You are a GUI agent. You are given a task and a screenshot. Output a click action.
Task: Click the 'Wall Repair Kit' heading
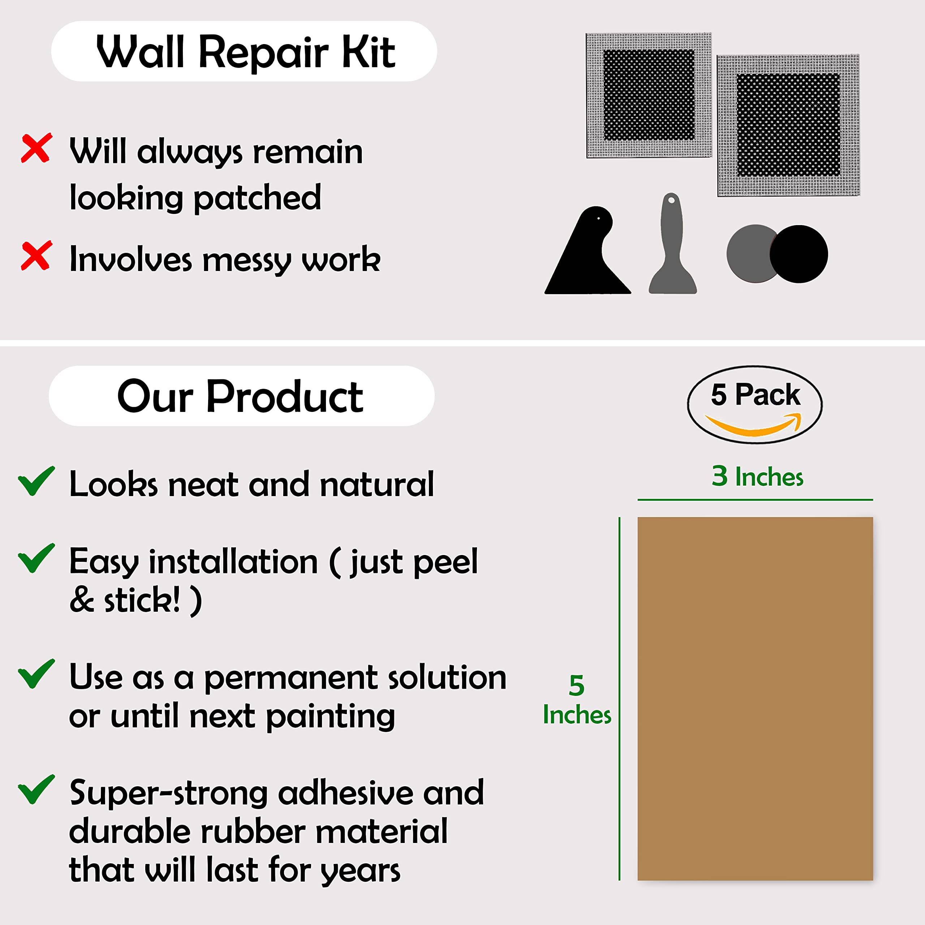coord(245,52)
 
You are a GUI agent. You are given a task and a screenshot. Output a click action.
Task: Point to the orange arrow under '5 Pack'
coord(754,426)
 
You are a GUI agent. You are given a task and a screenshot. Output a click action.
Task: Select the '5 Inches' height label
coord(577,700)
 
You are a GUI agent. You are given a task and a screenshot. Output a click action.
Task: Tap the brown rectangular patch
coord(755,699)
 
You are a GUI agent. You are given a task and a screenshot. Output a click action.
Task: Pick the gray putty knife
coord(672,249)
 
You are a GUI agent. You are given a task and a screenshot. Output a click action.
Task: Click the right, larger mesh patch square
coord(788,125)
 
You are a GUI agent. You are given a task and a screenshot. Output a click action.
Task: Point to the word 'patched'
coord(258,198)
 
